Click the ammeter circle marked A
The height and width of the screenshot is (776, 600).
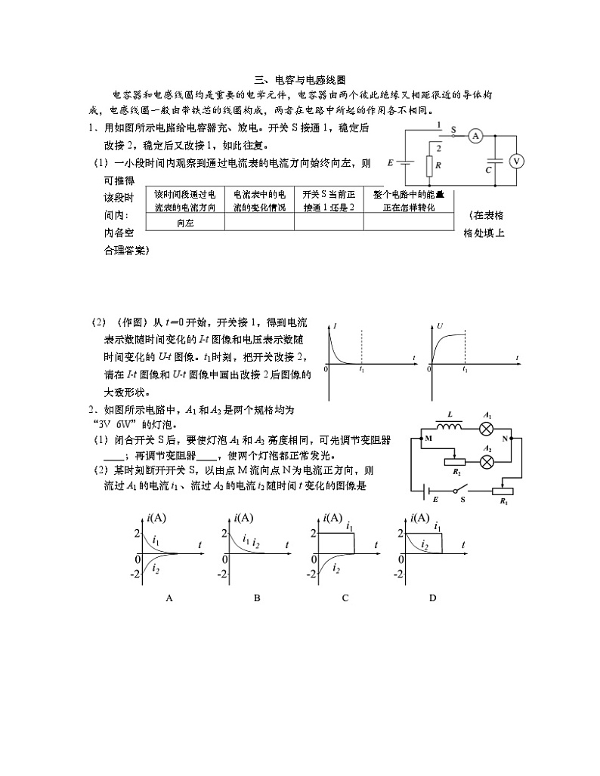(475, 136)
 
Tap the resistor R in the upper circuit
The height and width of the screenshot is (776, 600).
(428, 165)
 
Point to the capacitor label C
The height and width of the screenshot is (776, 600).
(488, 171)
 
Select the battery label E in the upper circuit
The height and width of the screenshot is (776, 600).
(390, 162)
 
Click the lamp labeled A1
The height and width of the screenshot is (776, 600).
(487, 426)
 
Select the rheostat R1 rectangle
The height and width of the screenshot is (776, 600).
(503, 491)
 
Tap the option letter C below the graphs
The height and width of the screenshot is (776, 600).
(345, 598)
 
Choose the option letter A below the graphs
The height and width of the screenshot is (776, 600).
(169, 598)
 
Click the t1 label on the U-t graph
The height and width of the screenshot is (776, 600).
(464, 371)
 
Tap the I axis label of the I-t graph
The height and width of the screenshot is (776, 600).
(335, 325)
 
